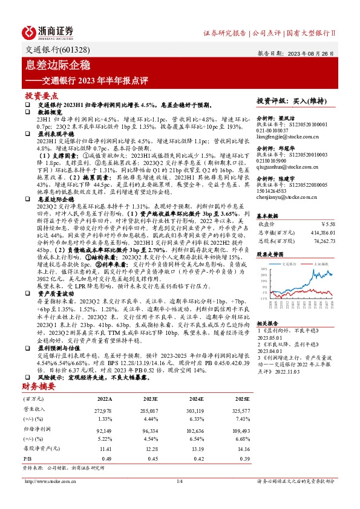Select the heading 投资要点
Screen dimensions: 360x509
[41, 96]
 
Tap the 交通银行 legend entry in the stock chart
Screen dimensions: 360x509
[291, 264]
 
